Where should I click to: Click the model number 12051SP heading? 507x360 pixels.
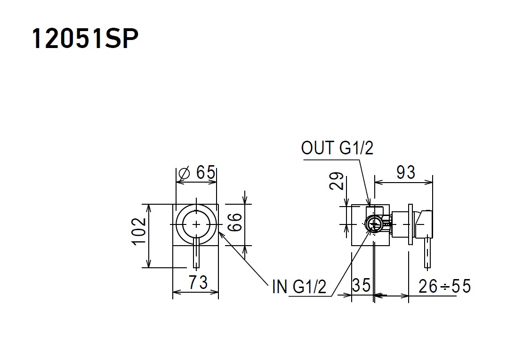point(85,39)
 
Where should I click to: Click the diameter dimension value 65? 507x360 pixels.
point(206,173)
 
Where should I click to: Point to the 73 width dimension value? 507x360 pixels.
point(198,282)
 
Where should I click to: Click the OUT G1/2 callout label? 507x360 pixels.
point(337,148)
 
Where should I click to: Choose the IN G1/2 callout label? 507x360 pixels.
point(299,286)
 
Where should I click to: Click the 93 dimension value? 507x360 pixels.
point(406,173)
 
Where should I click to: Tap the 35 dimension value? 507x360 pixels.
point(362,285)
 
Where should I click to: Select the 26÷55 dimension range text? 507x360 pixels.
point(444,285)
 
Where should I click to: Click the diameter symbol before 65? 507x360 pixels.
point(185,173)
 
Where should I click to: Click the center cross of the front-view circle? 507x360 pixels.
point(196,224)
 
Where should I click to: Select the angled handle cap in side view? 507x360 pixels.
point(424,223)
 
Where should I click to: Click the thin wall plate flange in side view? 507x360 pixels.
point(410,224)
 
